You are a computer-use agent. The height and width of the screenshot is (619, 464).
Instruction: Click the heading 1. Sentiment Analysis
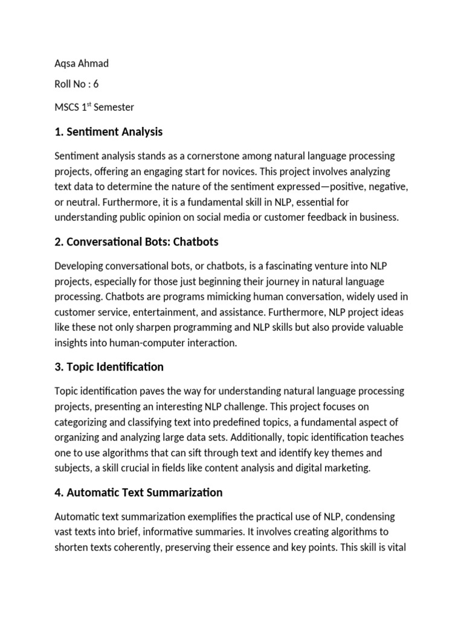tap(108, 132)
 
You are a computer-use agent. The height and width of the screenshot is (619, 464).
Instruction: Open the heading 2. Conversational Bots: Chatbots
tap(136, 242)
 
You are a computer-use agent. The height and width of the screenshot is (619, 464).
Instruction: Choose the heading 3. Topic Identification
tap(109, 367)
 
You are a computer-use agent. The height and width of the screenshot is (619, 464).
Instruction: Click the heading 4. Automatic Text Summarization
tap(138, 493)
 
